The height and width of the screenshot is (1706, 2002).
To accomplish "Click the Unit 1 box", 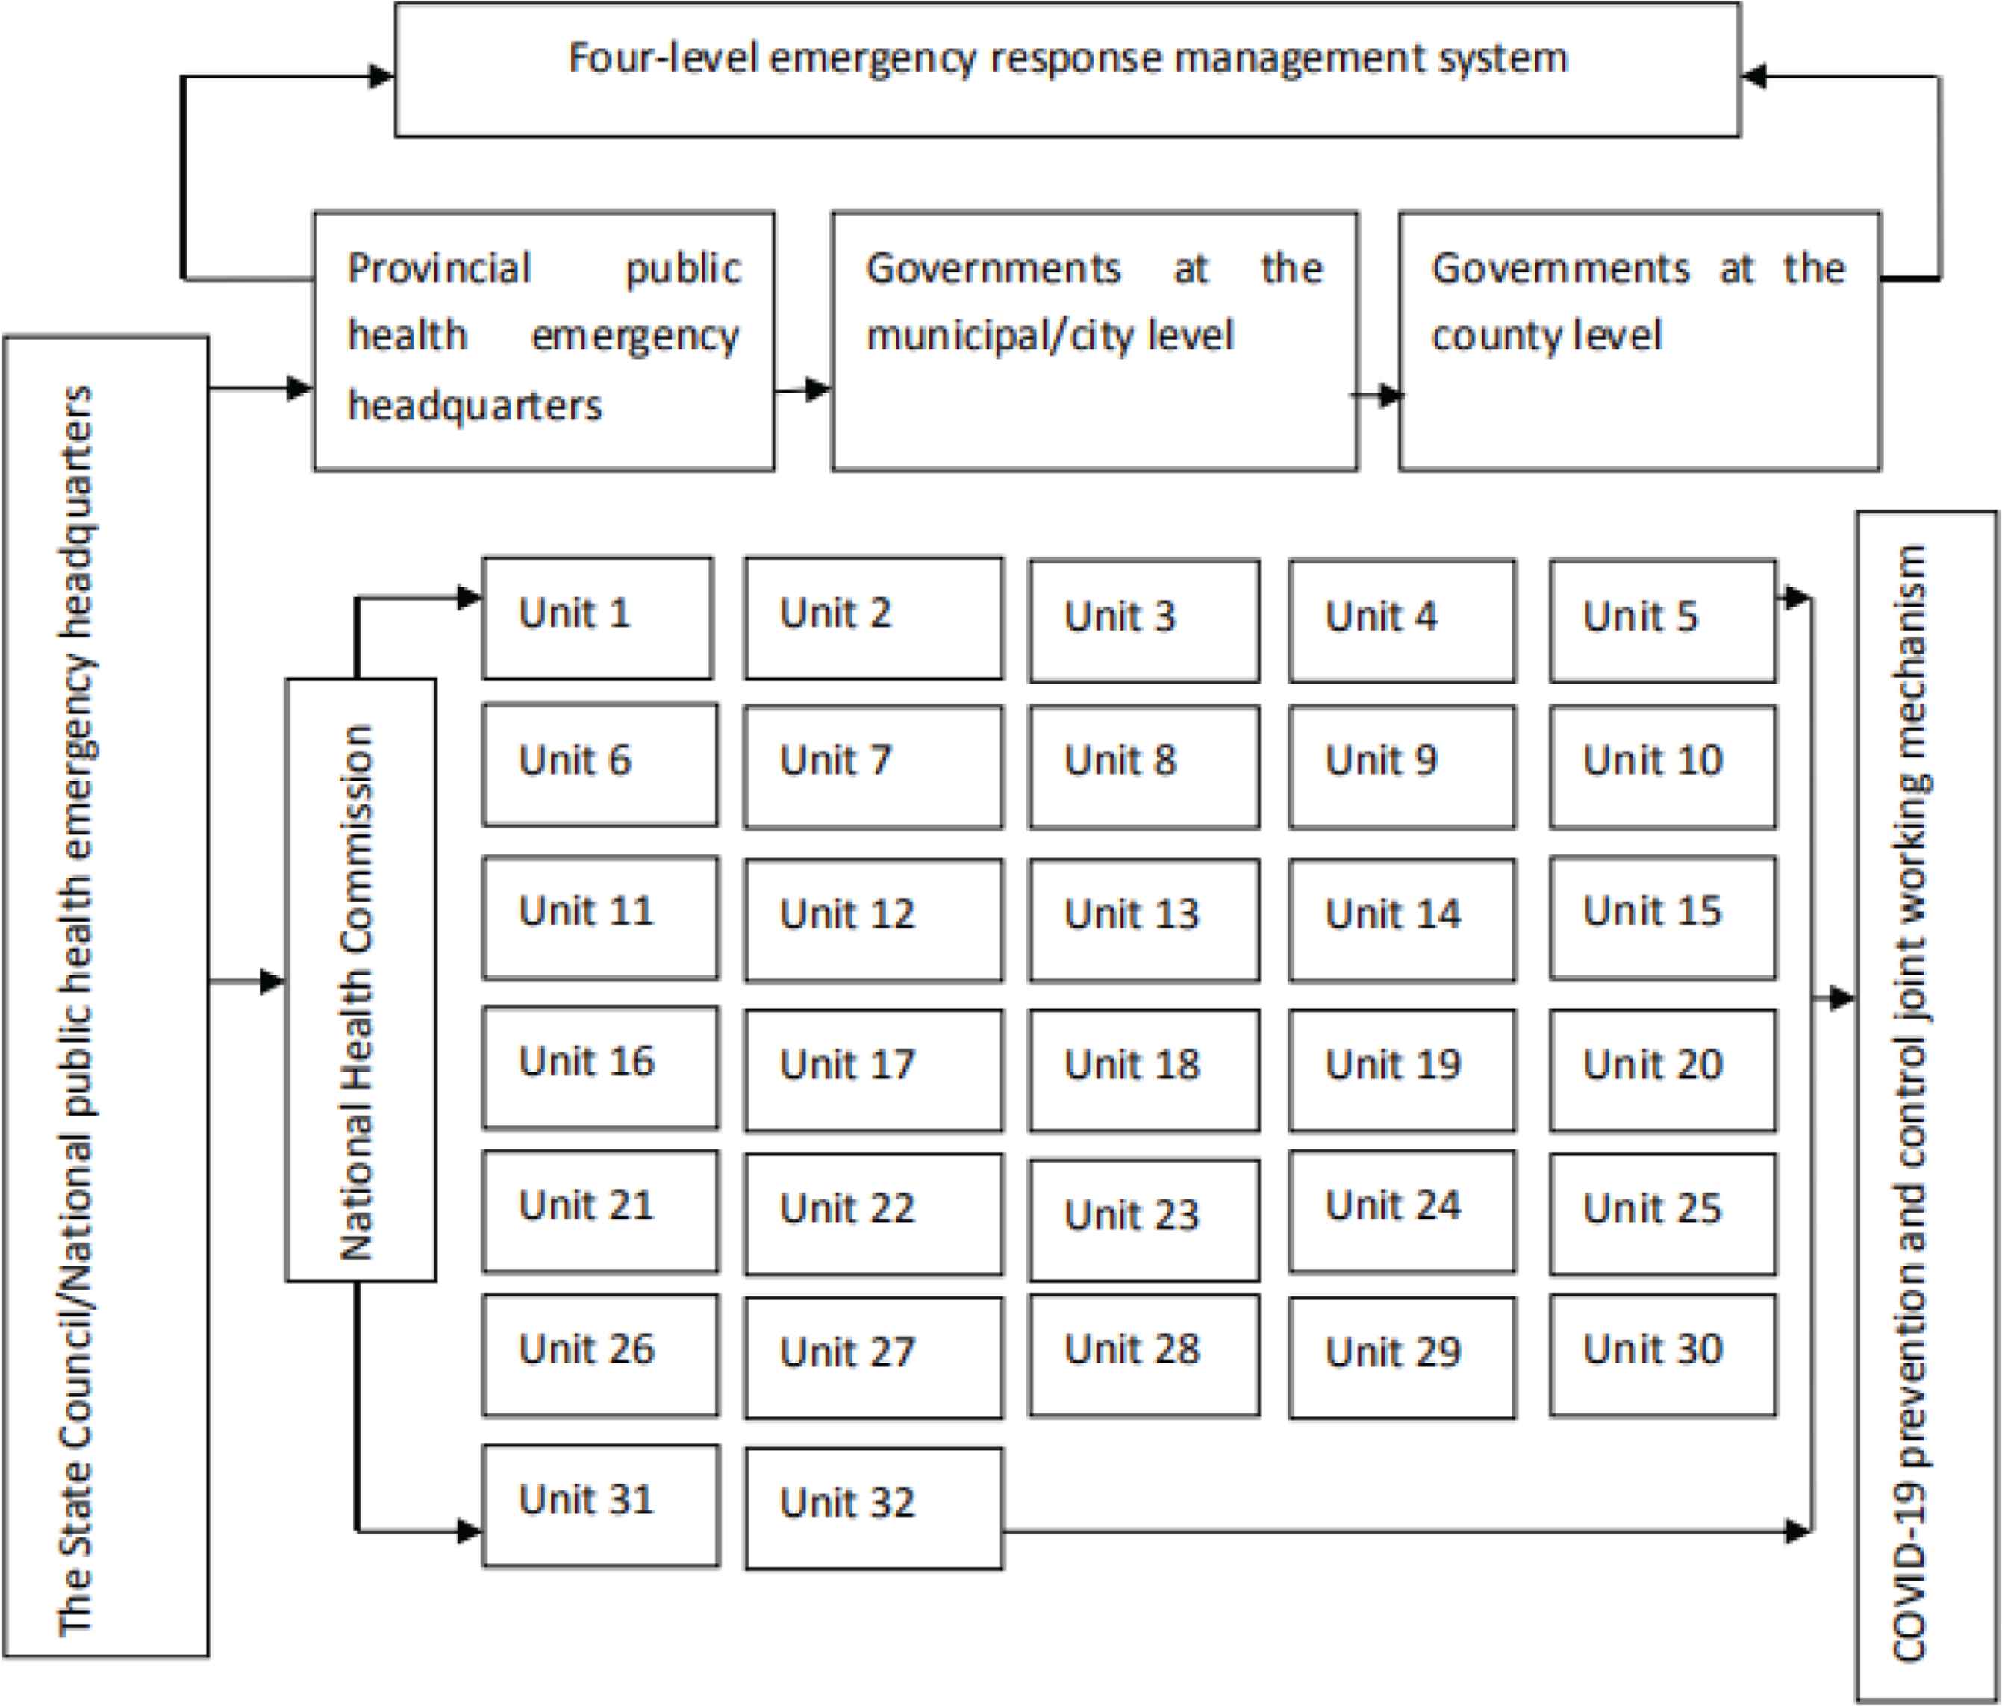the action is [598, 617].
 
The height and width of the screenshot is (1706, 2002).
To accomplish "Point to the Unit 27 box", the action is [873, 1357].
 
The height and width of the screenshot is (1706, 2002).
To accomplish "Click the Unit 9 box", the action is [1402, 767].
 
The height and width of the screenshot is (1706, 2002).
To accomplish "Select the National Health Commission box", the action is [361, 980].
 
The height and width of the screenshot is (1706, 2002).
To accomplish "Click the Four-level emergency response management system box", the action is [1067, 69].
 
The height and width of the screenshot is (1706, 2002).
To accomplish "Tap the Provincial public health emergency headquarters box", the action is [544, 341].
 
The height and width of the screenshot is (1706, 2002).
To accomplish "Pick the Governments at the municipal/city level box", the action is [1095, 341].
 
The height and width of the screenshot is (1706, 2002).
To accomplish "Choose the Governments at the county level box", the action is [1640, 341].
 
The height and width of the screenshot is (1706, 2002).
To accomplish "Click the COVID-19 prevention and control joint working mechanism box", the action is [1927, 1107].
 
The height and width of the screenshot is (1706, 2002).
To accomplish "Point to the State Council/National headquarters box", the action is [105, 996].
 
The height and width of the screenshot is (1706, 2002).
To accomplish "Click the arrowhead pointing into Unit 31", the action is [470, 1531].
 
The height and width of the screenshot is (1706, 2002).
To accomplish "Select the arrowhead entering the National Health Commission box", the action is [272, 982].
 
